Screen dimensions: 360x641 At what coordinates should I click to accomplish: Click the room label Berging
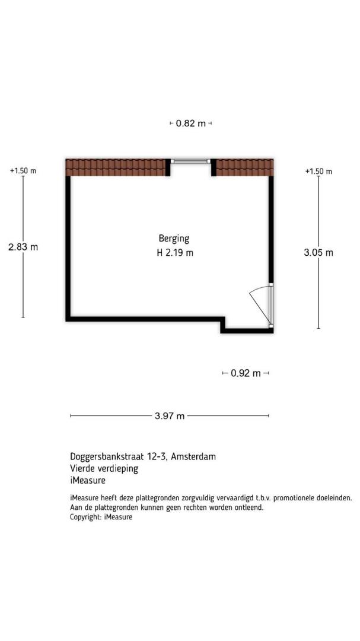tap(174, 239)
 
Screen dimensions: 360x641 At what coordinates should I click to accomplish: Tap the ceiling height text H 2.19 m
tap(175, 253)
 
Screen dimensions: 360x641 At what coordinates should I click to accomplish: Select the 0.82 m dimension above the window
tap(191, 123)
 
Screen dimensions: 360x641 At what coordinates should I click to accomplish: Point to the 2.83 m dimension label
tap(23, 247)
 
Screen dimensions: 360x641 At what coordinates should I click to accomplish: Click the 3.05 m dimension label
tap(318, 253)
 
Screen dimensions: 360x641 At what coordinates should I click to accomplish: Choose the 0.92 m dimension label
tap(246, 373)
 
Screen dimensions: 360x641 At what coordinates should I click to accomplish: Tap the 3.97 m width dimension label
tap(170, 416)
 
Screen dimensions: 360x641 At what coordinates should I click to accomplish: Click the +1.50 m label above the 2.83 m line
tap(23, 171)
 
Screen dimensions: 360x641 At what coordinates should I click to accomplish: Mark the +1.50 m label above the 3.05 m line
tap(318, 172)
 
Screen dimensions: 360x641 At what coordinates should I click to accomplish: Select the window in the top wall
tap(190, 161)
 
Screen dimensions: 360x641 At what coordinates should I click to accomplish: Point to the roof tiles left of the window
tap(116, 167)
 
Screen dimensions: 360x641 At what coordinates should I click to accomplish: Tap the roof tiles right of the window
tap(244, 167)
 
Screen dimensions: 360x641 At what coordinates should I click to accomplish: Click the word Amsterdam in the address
tap(193, 456)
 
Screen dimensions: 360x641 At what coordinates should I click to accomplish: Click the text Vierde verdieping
tap(104, 468)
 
